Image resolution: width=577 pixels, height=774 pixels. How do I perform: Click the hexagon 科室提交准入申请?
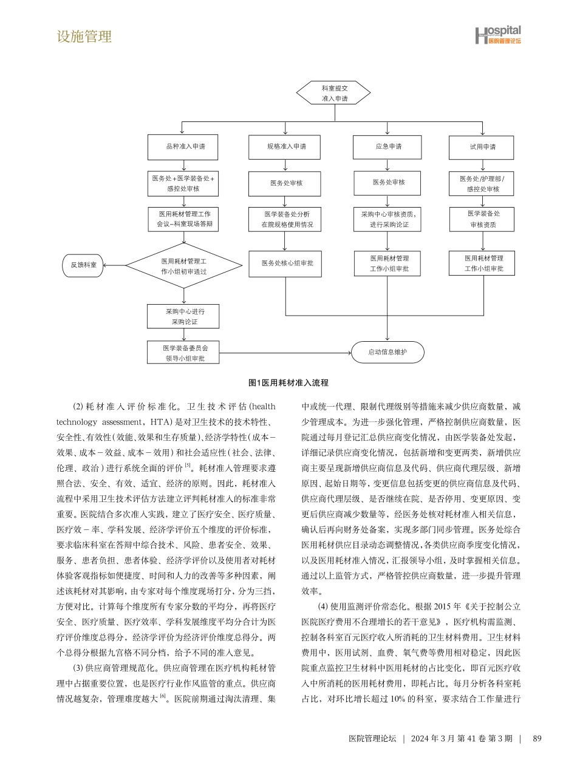[333, 93]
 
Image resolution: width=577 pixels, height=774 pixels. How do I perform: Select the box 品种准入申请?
[183, 147]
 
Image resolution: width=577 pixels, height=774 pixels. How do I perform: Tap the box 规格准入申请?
[285, 147]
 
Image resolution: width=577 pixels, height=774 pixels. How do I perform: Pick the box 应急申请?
[387, 147]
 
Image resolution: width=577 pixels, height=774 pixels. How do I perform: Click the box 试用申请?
[482, 148]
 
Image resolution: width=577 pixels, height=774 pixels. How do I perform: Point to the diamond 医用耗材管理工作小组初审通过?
[184, 265]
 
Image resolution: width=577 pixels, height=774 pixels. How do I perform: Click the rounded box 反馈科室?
[83, 265]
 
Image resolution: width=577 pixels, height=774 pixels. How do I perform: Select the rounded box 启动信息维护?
[388, 352]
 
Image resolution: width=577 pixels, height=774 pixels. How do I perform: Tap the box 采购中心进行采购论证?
[183, 316]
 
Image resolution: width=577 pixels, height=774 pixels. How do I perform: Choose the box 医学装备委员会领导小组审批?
[183, 353]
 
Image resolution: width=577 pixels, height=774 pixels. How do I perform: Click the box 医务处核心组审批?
[285, 263]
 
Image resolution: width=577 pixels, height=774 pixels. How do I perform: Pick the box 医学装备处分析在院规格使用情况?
[285, 219]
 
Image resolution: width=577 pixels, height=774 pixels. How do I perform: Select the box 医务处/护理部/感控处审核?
[482, 183]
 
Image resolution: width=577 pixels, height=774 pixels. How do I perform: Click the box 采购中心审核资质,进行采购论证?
[387, 219]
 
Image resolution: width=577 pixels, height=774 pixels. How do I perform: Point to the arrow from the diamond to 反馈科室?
[115, 265]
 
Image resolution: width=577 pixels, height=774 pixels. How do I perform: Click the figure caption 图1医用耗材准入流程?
[288, 383]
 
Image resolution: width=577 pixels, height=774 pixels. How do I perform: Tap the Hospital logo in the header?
[497, 35]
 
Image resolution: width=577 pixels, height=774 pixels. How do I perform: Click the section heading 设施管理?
[84, 36]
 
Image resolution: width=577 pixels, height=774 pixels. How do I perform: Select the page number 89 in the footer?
[536, 738]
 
